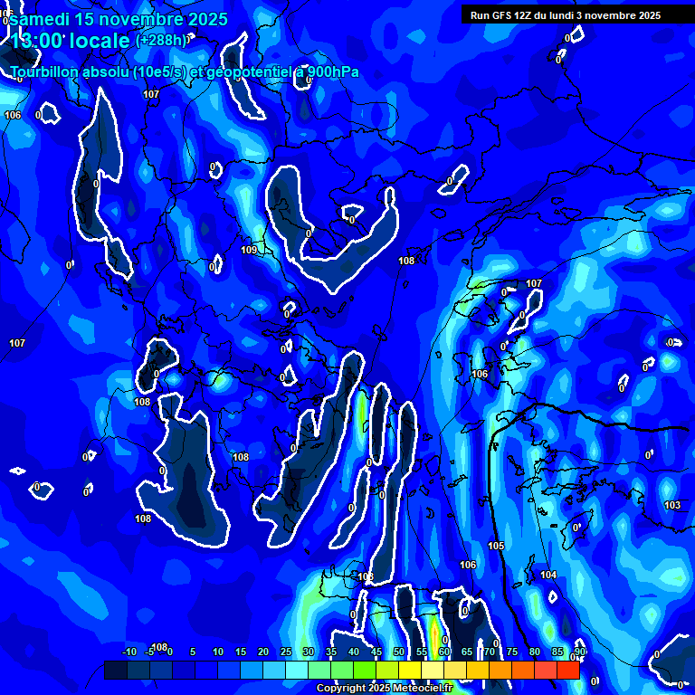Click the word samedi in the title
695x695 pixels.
tap(36, 19)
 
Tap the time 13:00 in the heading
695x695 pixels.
tap(37, 41)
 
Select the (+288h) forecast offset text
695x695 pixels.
tap(162, 40)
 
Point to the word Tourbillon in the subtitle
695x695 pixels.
tap(45, 73)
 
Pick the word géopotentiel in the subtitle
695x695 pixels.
tap(245, 73)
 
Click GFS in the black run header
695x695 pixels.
tap(503, 15)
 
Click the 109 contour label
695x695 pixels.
tap(249, 251)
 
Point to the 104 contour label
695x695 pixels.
tap(548, 576)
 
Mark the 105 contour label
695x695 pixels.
tap(495, 547)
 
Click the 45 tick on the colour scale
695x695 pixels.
tap(376, 652)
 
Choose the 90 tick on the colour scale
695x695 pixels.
tap(580, 652)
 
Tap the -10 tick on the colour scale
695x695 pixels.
tap(129, 652)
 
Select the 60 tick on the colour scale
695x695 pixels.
tap(444, 652)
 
